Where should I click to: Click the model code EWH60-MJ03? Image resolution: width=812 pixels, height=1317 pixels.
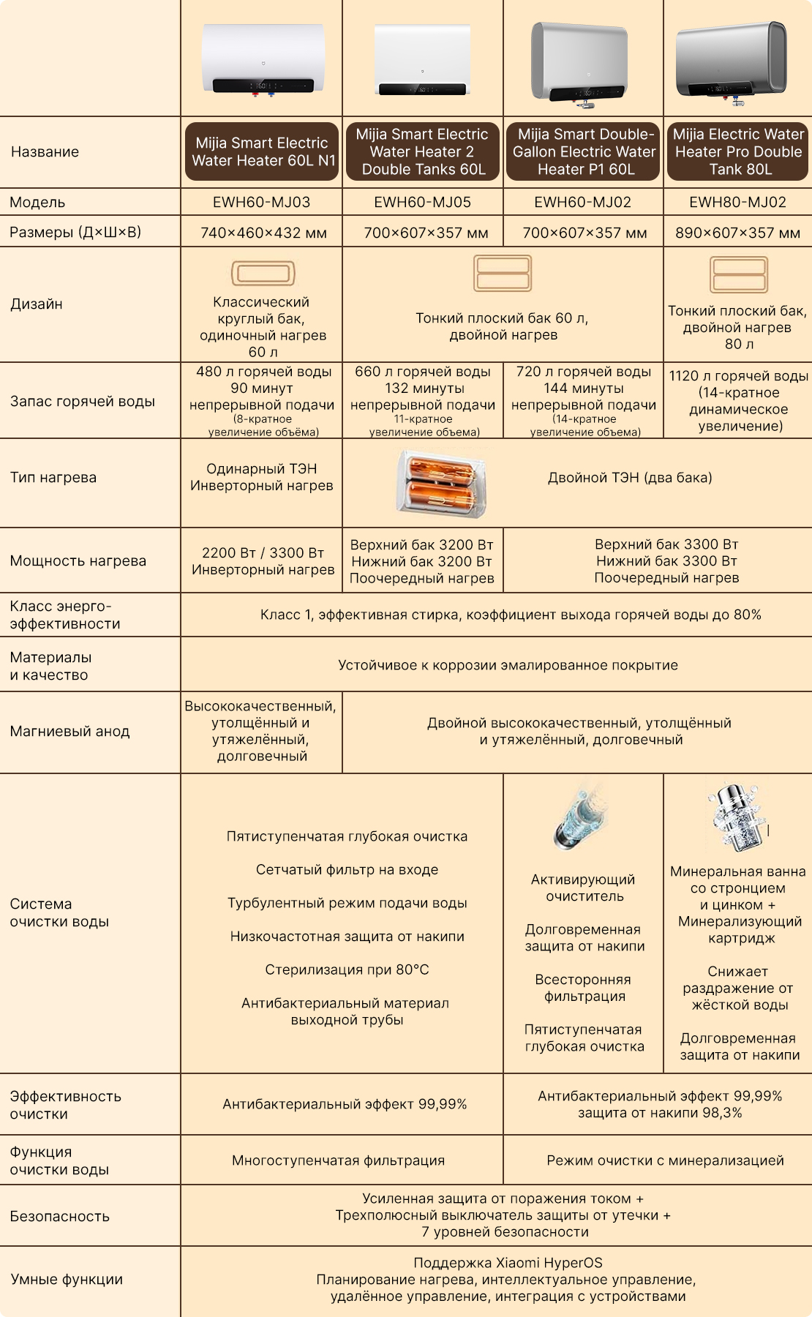[261, 202]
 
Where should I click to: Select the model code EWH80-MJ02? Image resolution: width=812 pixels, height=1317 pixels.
[737, 202]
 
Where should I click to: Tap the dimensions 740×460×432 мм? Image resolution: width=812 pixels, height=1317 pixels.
[263, 233]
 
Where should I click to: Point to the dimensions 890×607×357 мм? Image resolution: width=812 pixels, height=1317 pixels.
[737, 233]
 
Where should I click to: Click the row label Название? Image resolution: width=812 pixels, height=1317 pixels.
[45, 151]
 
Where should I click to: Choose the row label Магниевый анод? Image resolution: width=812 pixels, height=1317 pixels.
[69, 731]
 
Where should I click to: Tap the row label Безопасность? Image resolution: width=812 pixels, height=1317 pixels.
[60, 1216]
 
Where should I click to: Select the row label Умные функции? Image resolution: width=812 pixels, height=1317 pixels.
[67, 1279]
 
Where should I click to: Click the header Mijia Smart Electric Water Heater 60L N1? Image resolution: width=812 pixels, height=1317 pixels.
[262, 151]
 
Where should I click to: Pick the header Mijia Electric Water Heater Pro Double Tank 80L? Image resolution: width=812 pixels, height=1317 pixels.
[737, 151]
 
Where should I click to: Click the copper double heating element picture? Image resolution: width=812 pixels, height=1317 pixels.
[441, 483]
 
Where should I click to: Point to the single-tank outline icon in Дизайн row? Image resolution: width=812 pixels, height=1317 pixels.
[263, 274]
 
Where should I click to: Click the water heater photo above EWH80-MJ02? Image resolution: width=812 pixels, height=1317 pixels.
[732, 61]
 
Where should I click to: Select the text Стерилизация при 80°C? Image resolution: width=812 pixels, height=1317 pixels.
[347, 969]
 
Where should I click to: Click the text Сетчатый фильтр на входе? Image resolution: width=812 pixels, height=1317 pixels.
[347, 869]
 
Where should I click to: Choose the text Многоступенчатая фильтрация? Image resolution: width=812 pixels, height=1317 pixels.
[338, 1160]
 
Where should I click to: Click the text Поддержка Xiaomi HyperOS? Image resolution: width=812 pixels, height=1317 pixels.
[508, 1263]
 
